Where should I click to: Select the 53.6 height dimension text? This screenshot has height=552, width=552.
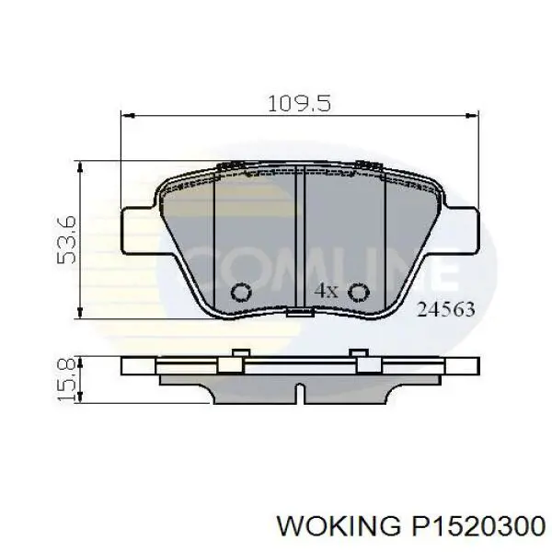(65, 241)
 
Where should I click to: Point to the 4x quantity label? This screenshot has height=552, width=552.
(327, 291)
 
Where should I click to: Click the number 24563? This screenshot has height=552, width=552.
(446, 310)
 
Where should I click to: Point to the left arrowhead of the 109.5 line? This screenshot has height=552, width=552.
(128, 116)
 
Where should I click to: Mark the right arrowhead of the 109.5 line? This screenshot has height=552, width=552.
(474, 116)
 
